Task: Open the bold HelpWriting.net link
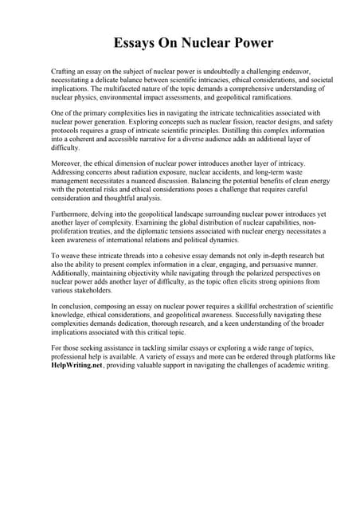coord(78,365)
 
